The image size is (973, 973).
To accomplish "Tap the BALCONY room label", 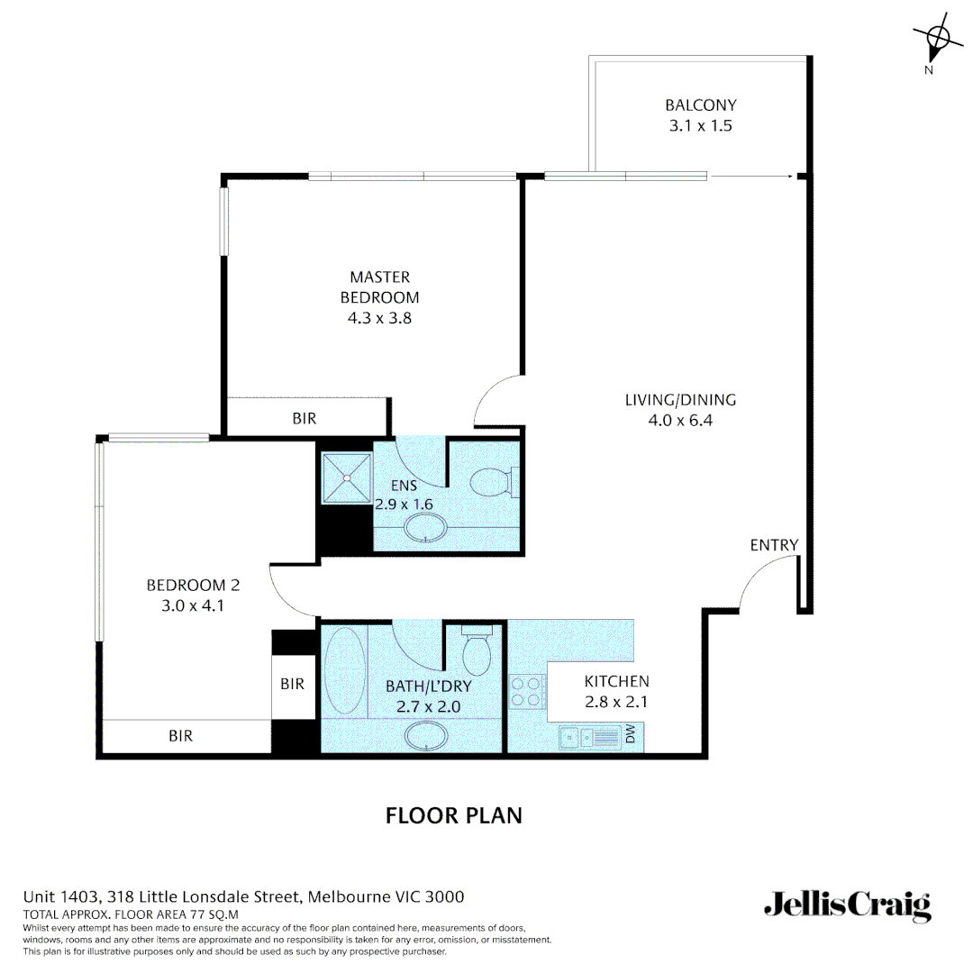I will [x=700, y=105].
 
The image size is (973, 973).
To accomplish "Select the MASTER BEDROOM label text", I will [x=379, y=287].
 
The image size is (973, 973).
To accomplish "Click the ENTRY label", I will [x=774, y=545].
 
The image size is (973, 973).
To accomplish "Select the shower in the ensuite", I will [x=347, y=477].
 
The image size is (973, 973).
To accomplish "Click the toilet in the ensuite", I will [x=495, y=481].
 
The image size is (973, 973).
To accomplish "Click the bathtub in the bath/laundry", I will [x=343, y=670].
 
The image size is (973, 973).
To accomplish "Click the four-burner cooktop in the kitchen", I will [x=526, y=691].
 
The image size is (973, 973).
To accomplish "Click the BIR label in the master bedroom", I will [x=305, y=419].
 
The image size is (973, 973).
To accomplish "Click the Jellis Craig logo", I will [x=847, y=905].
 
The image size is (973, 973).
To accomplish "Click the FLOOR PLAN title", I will [x=454, y=815].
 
